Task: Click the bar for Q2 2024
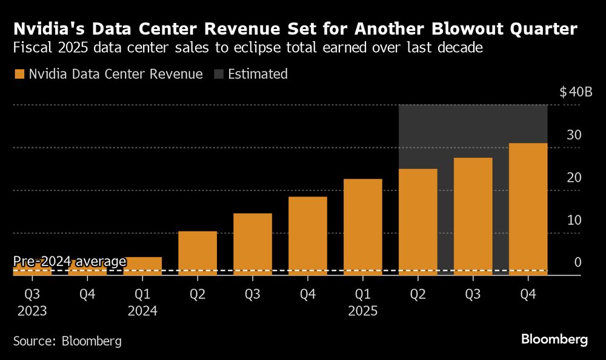198,253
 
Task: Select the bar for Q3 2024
253,244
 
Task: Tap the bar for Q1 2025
363,227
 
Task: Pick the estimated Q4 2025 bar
528,209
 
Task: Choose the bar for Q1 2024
142,266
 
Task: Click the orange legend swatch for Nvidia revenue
19,75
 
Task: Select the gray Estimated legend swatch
218,75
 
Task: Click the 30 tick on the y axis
574,135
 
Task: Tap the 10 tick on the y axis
574,219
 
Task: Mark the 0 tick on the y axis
578,262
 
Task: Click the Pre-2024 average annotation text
70,261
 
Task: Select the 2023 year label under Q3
32,311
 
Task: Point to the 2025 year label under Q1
363,311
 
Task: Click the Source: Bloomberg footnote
67,341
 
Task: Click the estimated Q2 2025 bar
418,222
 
